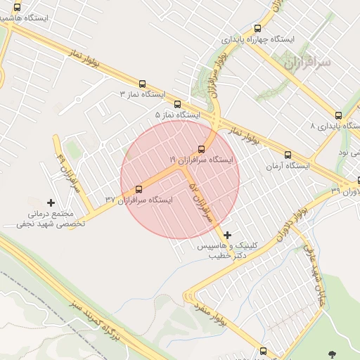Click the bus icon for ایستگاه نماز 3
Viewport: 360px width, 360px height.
click(x=143, y=83)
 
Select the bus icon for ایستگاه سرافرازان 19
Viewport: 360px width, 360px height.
click(x=202, y=149)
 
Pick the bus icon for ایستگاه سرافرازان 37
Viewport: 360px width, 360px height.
click(x=138, y=189)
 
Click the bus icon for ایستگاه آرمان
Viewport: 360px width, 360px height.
click(x=288, y=155)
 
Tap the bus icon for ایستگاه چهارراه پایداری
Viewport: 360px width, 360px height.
click(x=257, y=29)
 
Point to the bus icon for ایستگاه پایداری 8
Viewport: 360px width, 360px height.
click(x=338, y=115)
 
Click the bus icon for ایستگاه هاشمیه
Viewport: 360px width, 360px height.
click(x=17, y=8)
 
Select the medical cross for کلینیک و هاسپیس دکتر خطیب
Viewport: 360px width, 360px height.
click(x=227, y=235)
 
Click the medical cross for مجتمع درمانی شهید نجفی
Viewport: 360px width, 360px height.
click(x=51, y=202)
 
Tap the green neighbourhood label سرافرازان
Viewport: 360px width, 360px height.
click(x=308, y=63)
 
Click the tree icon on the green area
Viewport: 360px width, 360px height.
click(x=331, y=353)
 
